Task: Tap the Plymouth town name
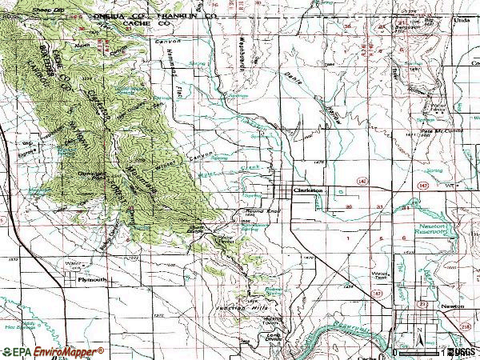90,281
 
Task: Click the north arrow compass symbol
417,334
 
